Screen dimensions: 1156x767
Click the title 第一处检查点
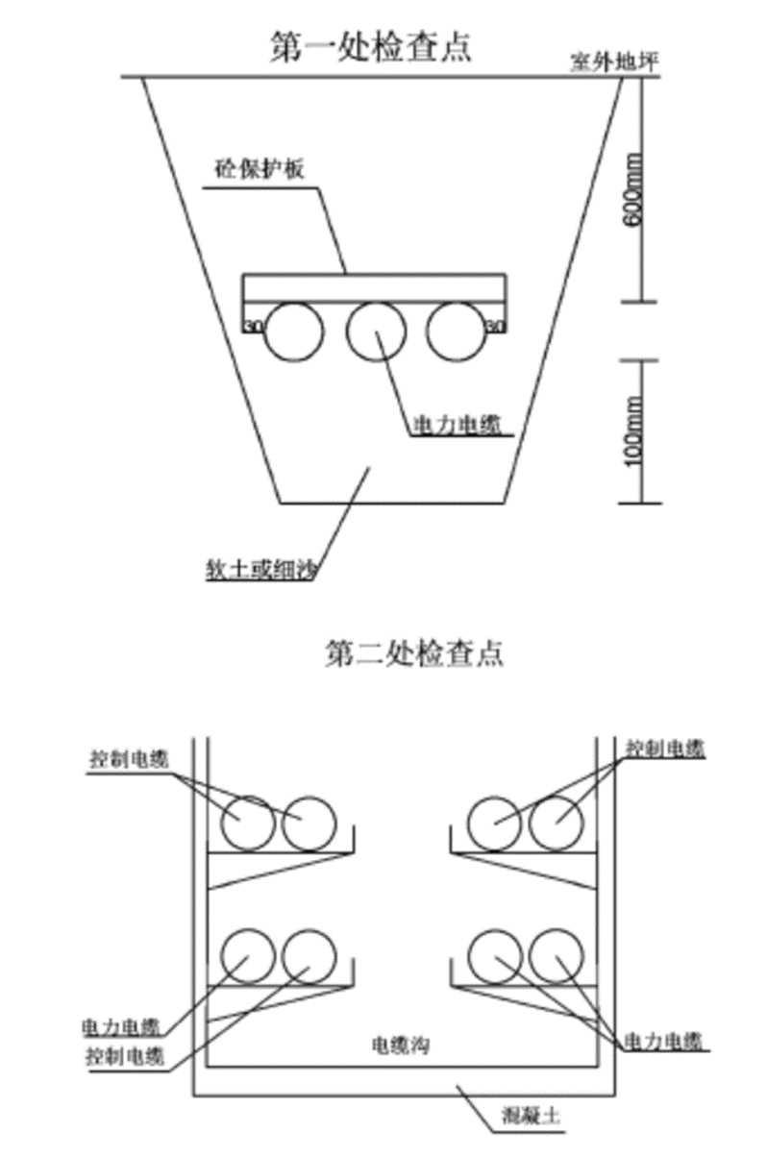(372, 45)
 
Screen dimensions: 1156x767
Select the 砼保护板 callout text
(259, 170)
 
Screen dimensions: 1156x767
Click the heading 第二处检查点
(413, 654)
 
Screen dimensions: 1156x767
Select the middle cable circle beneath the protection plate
(376, 332)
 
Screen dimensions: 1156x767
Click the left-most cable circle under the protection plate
(294, 333)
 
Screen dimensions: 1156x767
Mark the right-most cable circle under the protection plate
(457, 332)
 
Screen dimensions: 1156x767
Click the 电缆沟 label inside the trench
(399, 1044)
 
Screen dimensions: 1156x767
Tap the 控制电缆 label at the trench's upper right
(665, 748)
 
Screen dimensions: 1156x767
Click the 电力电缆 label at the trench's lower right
(663, 1041)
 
